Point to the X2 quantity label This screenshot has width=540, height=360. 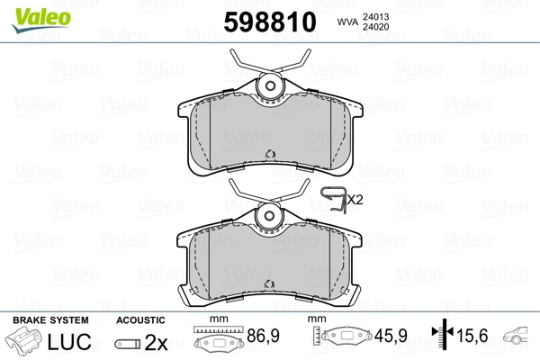click(355, 199)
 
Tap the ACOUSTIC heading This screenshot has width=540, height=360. click(140, 319)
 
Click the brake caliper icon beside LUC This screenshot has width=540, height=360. click(26, 344)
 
